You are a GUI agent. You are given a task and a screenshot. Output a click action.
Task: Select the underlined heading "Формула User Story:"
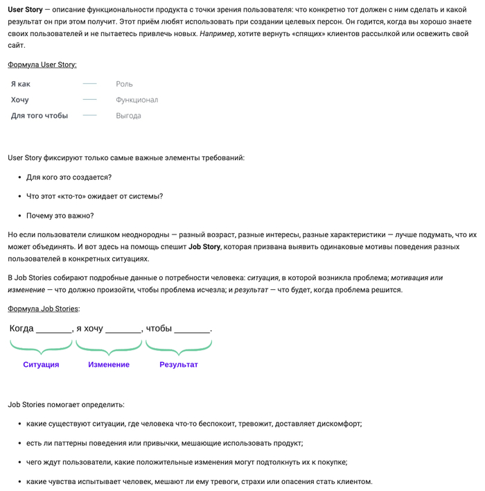tap(42, 64)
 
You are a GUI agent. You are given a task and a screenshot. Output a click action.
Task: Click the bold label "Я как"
tap(21, 84)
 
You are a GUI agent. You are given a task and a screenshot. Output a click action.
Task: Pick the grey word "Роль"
tap(124, 84)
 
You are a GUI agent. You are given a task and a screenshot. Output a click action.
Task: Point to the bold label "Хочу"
tap(19, 100)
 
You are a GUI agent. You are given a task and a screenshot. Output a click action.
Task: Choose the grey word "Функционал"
tap(136, 100)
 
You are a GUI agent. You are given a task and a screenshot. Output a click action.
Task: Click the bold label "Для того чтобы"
tap(39, 116)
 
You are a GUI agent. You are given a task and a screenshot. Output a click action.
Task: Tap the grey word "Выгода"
tap(128, 116)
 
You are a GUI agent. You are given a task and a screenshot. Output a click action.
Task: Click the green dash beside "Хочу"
tap(89, 100)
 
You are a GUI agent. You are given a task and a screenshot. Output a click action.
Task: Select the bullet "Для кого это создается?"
tap(69, 177)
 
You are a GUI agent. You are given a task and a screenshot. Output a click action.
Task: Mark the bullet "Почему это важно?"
tap(60, 215)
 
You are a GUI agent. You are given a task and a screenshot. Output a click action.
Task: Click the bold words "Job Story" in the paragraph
tap(204, 246)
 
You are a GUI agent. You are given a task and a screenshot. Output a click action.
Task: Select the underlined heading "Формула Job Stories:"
tap(43, 309)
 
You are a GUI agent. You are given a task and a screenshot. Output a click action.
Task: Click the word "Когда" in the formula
tap(21, 328)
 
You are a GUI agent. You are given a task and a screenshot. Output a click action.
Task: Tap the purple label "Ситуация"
tap(41, 364)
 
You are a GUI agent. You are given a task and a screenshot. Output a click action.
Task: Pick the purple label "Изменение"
tap(109, 364)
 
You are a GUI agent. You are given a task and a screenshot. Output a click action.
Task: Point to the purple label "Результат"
tap(178, 364)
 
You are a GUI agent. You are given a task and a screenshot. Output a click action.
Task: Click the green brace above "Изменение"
tap(109, 345)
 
